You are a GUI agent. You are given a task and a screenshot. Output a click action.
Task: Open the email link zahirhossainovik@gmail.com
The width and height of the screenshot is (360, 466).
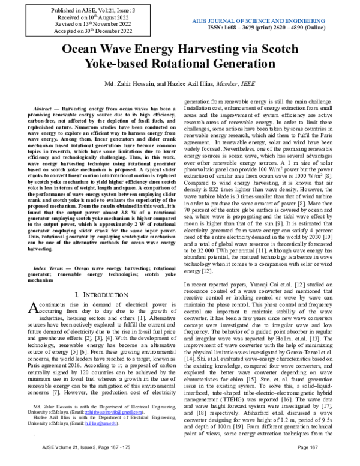click(116, 430)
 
